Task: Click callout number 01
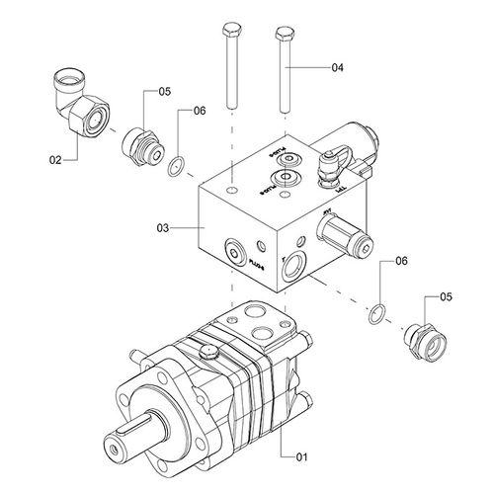tap(302, 456)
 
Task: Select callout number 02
tap(57, 157)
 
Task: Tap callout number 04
tap(337, 68)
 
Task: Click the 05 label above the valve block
tap(164, 92)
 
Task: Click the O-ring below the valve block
tap(376, 314)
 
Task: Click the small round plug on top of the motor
tap(208, 350)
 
